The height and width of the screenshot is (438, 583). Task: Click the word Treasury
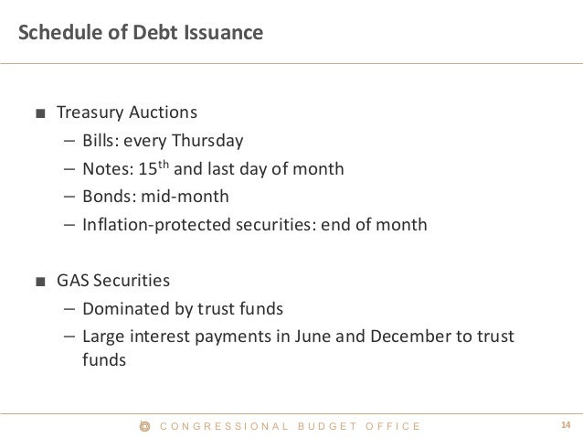(90, 113)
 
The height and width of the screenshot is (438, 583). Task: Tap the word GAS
(72, 279)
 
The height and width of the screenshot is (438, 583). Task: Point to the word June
(310, 336)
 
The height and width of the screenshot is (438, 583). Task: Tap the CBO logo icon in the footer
(142, 425)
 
